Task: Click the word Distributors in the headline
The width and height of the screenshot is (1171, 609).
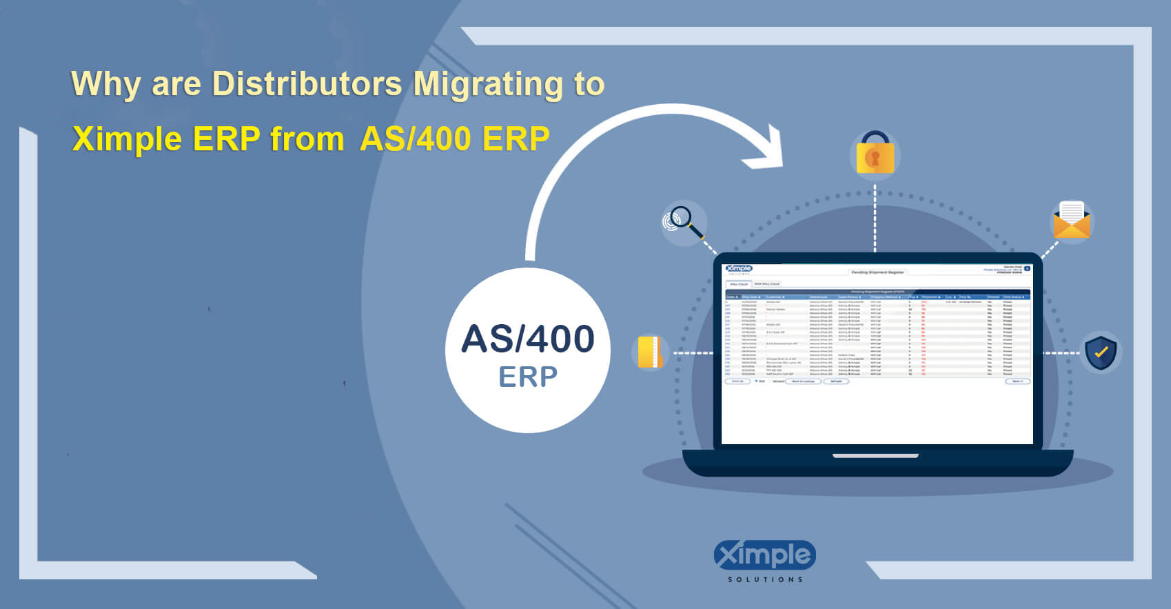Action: pyautogui.click(x=307, y=84)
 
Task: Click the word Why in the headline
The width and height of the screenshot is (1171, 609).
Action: pyautogui.click(x=105, y=84)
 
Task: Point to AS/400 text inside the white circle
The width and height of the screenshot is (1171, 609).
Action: pyautogui.click(x=528, y=339)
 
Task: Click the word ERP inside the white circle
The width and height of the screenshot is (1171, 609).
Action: pyautogui.click(x=528, y=377)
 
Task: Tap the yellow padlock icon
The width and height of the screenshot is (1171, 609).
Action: pyautogui.click(x=875, y=154)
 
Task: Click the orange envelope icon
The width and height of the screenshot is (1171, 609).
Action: pyautogui.click(x=1072, y=221)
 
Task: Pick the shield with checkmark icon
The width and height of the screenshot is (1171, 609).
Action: pyautogui.click(x=1101, y=352)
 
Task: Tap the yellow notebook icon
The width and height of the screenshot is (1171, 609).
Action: pyautogui.click(x=650, y=352)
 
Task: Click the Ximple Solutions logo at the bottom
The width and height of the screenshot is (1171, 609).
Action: pyautogui.click(x=765, y=556)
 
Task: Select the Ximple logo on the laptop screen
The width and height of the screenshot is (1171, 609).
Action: pyautogui.click(x=739, y=269)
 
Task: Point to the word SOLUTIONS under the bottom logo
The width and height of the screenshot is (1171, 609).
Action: pyautogui.click(x=765, y=579)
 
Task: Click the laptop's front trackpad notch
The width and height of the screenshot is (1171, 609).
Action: pyautogui.click(x=875, y=456)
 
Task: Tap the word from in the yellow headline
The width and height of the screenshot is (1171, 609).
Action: pyautogui.click(x=307, y=139)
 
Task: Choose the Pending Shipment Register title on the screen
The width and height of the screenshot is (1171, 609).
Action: pyautogui.click(x=877, y=272)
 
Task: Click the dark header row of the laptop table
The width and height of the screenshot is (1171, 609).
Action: pyautogui.click(x=877, y=297)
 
